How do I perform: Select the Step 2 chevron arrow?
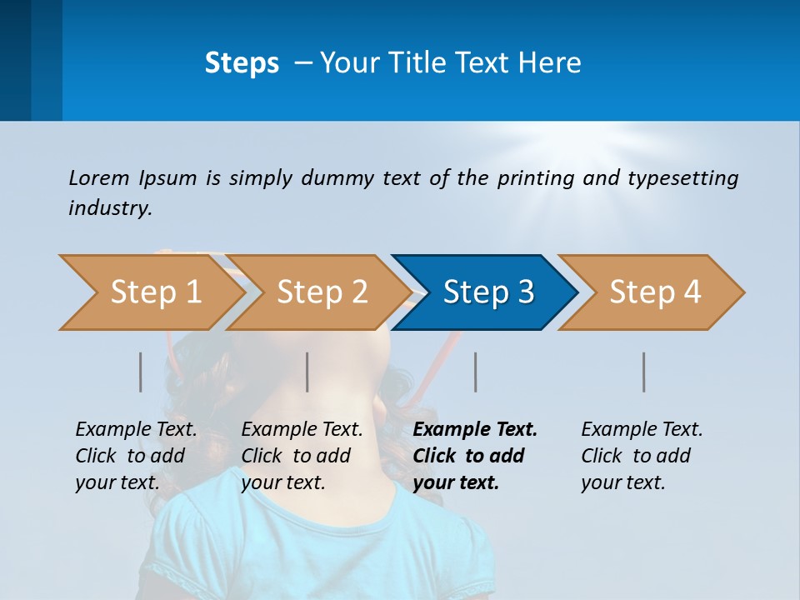click(x=322, y=292)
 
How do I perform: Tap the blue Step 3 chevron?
click(x=487, y=292)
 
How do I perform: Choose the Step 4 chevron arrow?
click(x=654, y=292)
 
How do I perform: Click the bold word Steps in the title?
click(x=242, y=63)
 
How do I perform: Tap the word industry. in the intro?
click(x=110, y=208)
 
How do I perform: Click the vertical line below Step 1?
click(x=141, y=372)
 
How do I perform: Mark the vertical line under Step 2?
click(x=307, y=372)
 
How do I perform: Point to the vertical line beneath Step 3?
click(x=476, y=372)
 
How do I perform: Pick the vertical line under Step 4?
click(x=644, y=372)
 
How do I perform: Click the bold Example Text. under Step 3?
click(x=475, y=430)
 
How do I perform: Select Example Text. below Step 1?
click(x=136, y=430)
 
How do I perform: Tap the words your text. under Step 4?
click(x=622, y=482)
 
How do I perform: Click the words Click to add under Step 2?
click(x=296, y=457)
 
